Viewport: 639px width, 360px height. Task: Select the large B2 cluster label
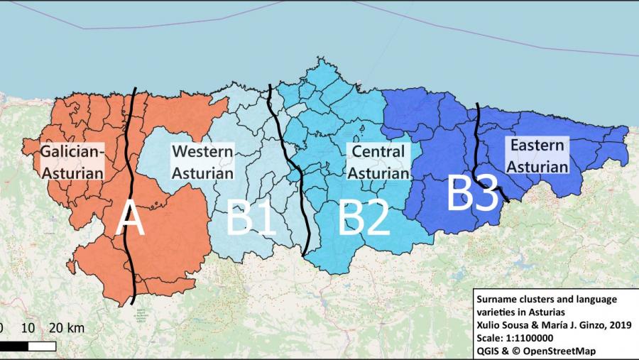pos(364,218)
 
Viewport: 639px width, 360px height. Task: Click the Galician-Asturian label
pos(72,162)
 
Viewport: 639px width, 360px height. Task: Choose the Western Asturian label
pos(202,162)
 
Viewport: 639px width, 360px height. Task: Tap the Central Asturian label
pos(378,162)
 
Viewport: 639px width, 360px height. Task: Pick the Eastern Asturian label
pos(537,156)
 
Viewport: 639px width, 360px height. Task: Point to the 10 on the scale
pos(28,328)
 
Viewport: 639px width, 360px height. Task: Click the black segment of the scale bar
pos(14,346)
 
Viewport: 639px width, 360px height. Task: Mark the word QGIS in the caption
pos(488,351)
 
